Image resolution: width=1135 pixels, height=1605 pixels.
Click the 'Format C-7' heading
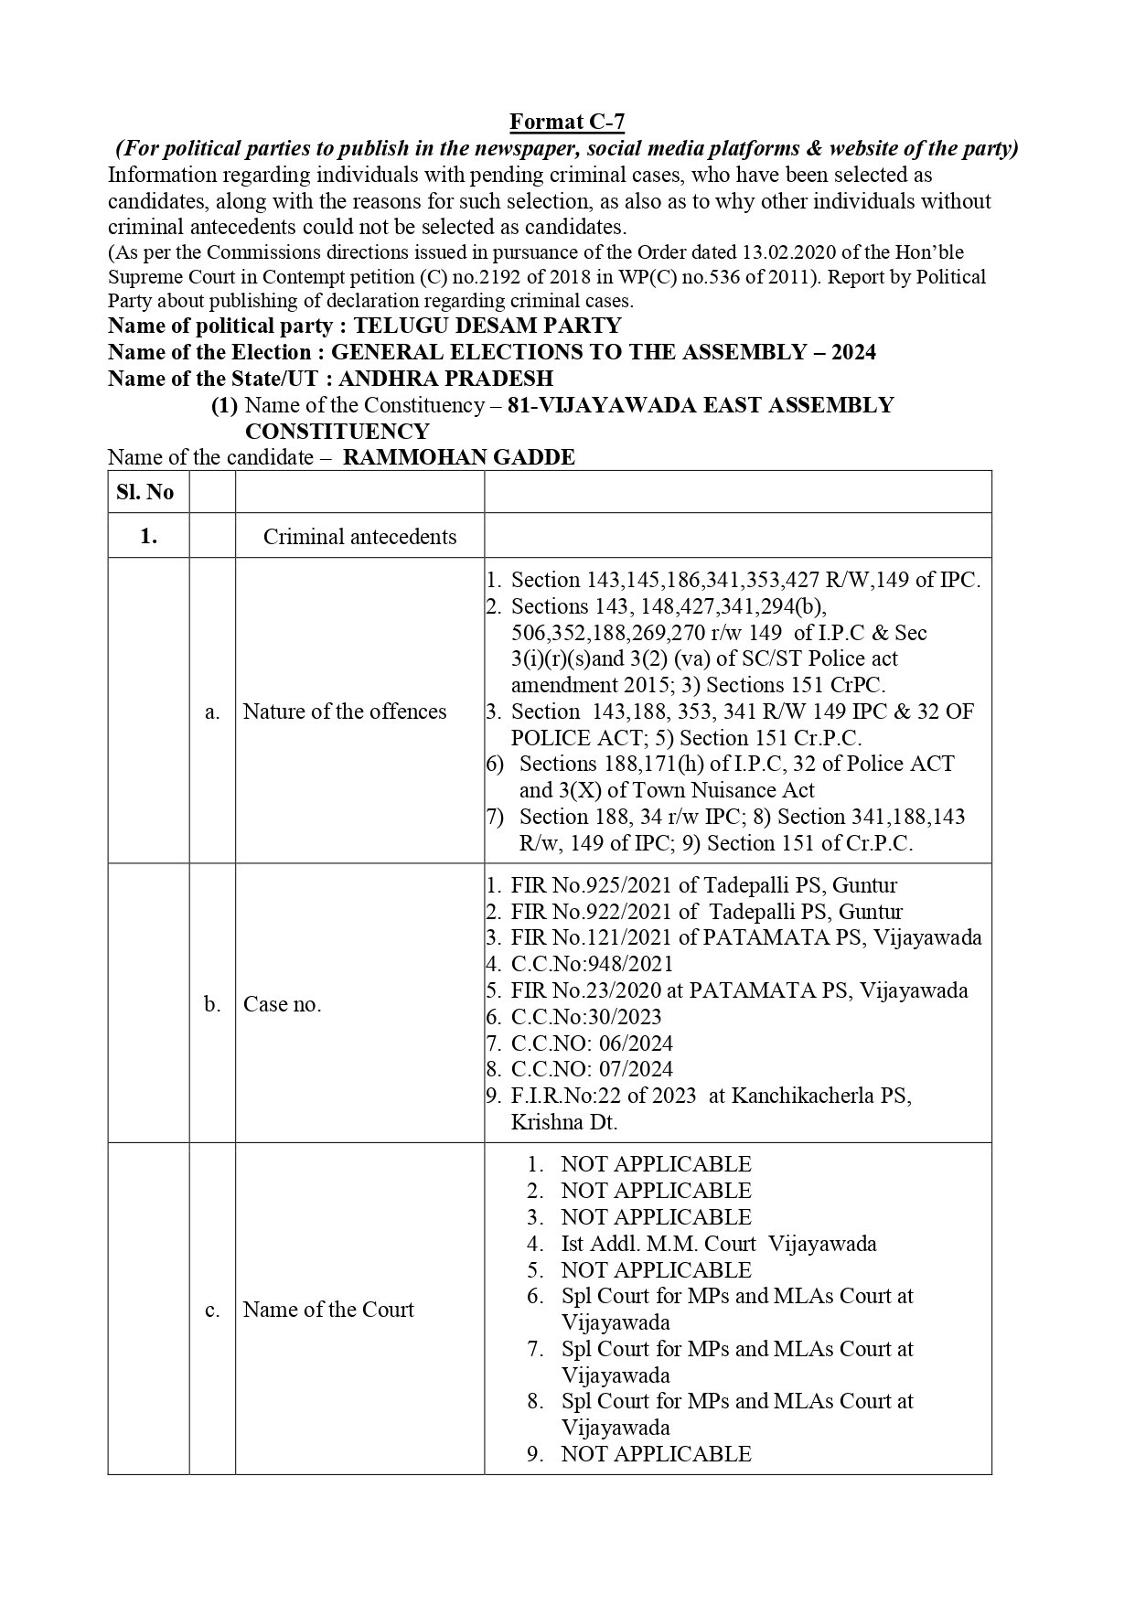coord(567,122)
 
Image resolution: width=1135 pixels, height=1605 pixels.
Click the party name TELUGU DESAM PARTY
coord(487,326)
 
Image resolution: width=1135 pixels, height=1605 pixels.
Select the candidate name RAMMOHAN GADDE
coord(458,457)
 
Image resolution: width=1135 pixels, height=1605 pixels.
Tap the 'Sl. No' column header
coord(145,492)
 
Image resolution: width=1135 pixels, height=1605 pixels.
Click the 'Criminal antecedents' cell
coord(359,537)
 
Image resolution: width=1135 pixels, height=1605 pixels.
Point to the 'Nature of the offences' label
coord(345,712)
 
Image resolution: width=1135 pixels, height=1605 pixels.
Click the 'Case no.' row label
coord(283,1004)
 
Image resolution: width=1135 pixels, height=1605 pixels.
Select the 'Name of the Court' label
coord(328,1310)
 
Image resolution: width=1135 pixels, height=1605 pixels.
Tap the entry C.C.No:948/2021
coord(592,964)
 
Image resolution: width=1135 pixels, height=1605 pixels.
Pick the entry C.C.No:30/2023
coord(586,1017)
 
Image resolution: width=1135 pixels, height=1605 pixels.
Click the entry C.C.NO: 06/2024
coord(592,1043)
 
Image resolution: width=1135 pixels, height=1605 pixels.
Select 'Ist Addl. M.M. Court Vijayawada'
coord(718,1244)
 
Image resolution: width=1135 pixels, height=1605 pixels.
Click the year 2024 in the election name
coord(852,353)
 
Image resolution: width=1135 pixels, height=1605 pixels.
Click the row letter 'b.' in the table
coord(212,1004)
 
